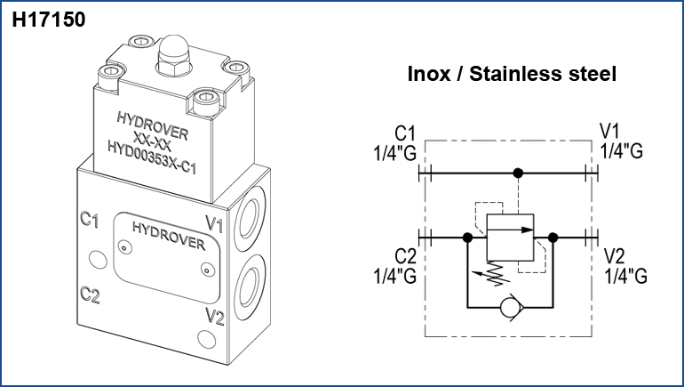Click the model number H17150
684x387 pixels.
[49, 19]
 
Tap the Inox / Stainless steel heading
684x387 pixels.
[511, 74]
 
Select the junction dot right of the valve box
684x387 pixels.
[553, 238]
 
